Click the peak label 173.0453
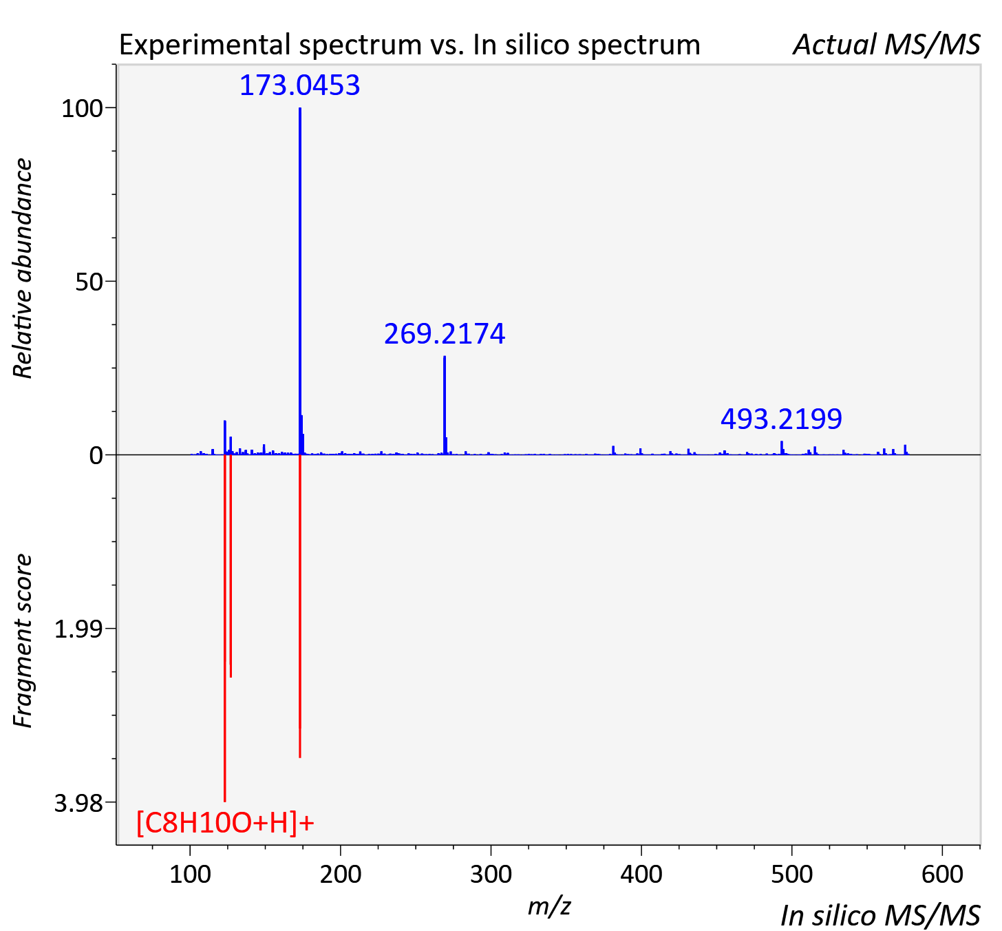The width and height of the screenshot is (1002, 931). point(299,85)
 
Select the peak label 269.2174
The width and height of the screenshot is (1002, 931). point(445,334)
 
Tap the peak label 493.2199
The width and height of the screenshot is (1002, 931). point(781,419)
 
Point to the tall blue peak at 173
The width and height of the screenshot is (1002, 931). point(299,281)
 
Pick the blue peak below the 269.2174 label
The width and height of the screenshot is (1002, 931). point(445,406)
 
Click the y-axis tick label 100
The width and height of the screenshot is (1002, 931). point(82,109)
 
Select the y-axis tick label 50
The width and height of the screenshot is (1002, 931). point(89,282)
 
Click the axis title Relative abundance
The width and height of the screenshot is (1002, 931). point(23,268)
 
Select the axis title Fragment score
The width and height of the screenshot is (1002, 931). point(23,640)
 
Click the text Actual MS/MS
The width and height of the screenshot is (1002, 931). point(887,45)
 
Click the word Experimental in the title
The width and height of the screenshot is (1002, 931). point(207,45)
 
